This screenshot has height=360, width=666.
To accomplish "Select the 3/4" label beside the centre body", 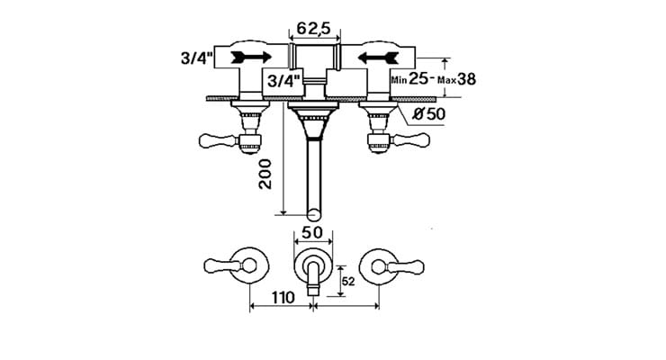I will pos(279,80).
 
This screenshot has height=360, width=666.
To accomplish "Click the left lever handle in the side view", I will pos(215,139).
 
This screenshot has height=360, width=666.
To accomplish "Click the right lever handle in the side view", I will pos(411,139).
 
